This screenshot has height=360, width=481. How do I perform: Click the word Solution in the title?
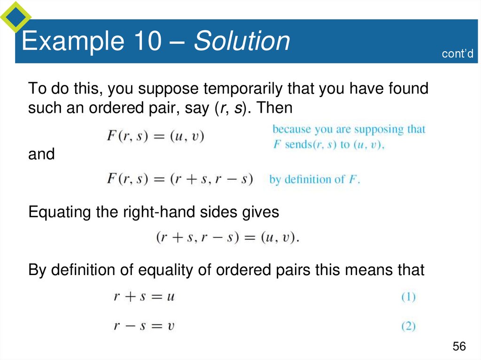coord(242,41)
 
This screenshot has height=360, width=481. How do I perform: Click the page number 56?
coord(459,346)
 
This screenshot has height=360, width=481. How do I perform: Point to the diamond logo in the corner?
coord(16,16)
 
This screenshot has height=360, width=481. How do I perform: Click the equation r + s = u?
coord(144,297)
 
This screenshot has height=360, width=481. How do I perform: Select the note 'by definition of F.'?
coord(314,179)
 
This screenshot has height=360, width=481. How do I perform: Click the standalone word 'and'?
coord(41,154)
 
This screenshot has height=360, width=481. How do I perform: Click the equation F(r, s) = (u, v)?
coord(155,137)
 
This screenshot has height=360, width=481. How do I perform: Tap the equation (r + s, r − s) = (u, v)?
coord(227,237)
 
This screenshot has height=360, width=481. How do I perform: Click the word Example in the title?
coord(71,41)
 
